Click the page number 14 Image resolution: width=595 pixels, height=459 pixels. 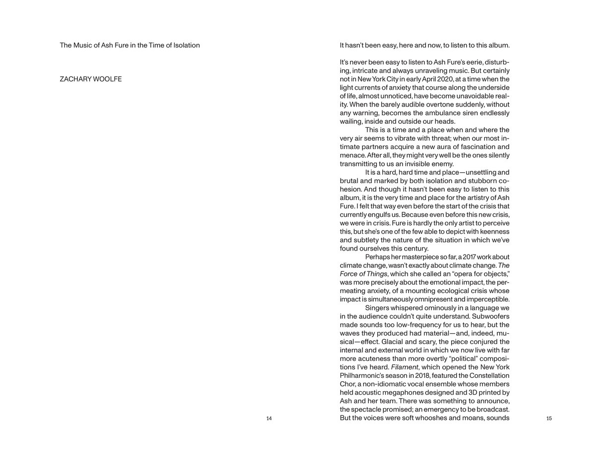click(269, 418)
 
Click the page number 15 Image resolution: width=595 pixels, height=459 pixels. click(549, 418)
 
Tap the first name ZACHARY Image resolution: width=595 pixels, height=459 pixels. click(75, 79)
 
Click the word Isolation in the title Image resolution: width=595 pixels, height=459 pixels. click(184, 45)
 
